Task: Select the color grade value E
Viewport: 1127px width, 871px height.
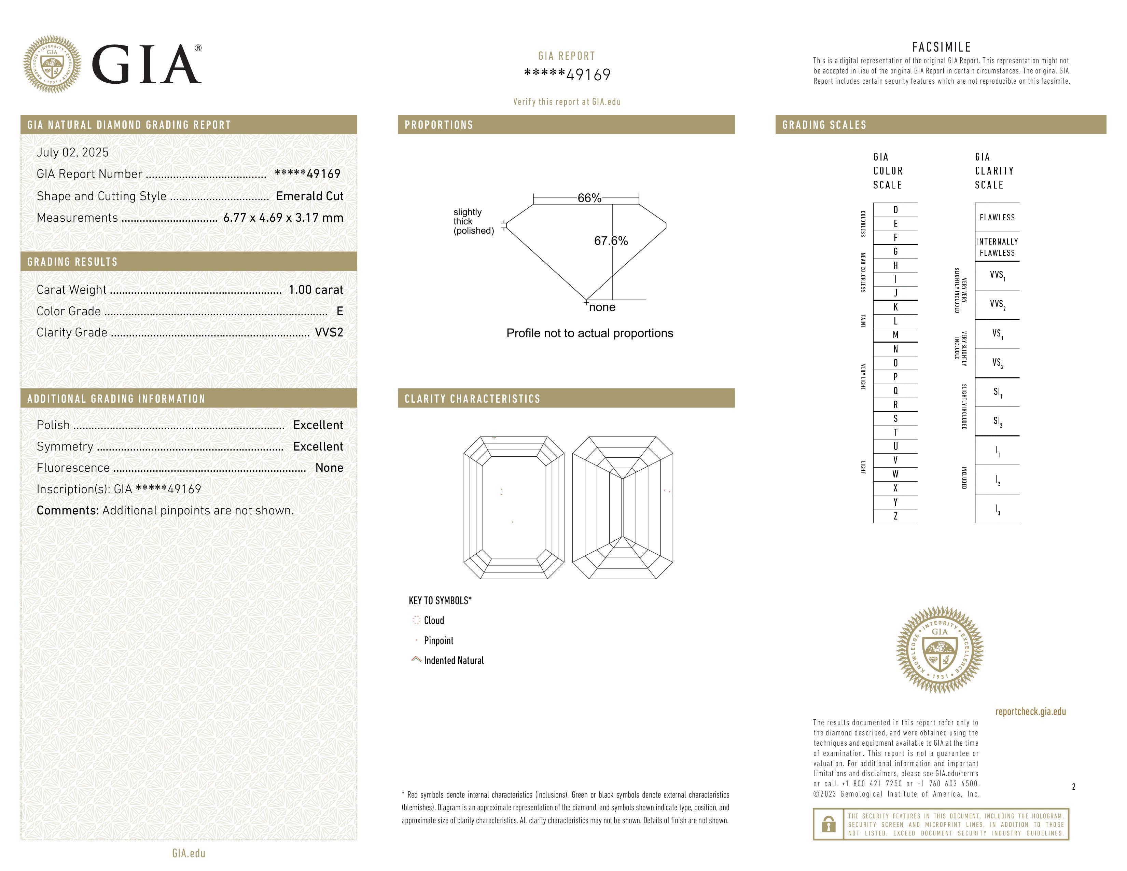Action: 339,311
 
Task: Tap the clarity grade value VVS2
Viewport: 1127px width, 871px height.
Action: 329,332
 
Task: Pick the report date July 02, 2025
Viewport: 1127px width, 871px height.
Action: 73,152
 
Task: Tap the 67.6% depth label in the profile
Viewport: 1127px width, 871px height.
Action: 611,241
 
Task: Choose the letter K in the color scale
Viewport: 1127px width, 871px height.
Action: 895,307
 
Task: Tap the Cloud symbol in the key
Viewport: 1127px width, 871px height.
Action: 416,620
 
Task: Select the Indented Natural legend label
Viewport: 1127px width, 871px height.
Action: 454,661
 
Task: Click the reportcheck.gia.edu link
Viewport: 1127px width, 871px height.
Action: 1030,711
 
